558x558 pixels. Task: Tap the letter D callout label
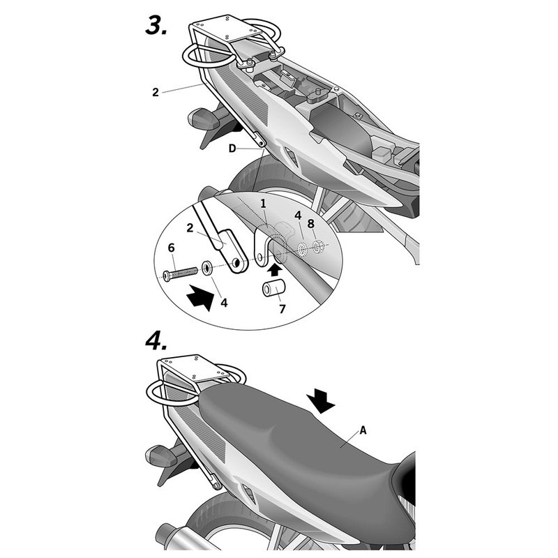pyautogui.click(x=232, y=148)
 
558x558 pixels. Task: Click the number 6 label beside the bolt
pyautogui.click(x=172, y=248)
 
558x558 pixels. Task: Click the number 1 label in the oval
pyautogui.click(x=263, y=203)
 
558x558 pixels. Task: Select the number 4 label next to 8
pyautogui.click(x=298, y=217)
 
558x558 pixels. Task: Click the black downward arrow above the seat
pyautogui.click(x=322, y=401)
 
